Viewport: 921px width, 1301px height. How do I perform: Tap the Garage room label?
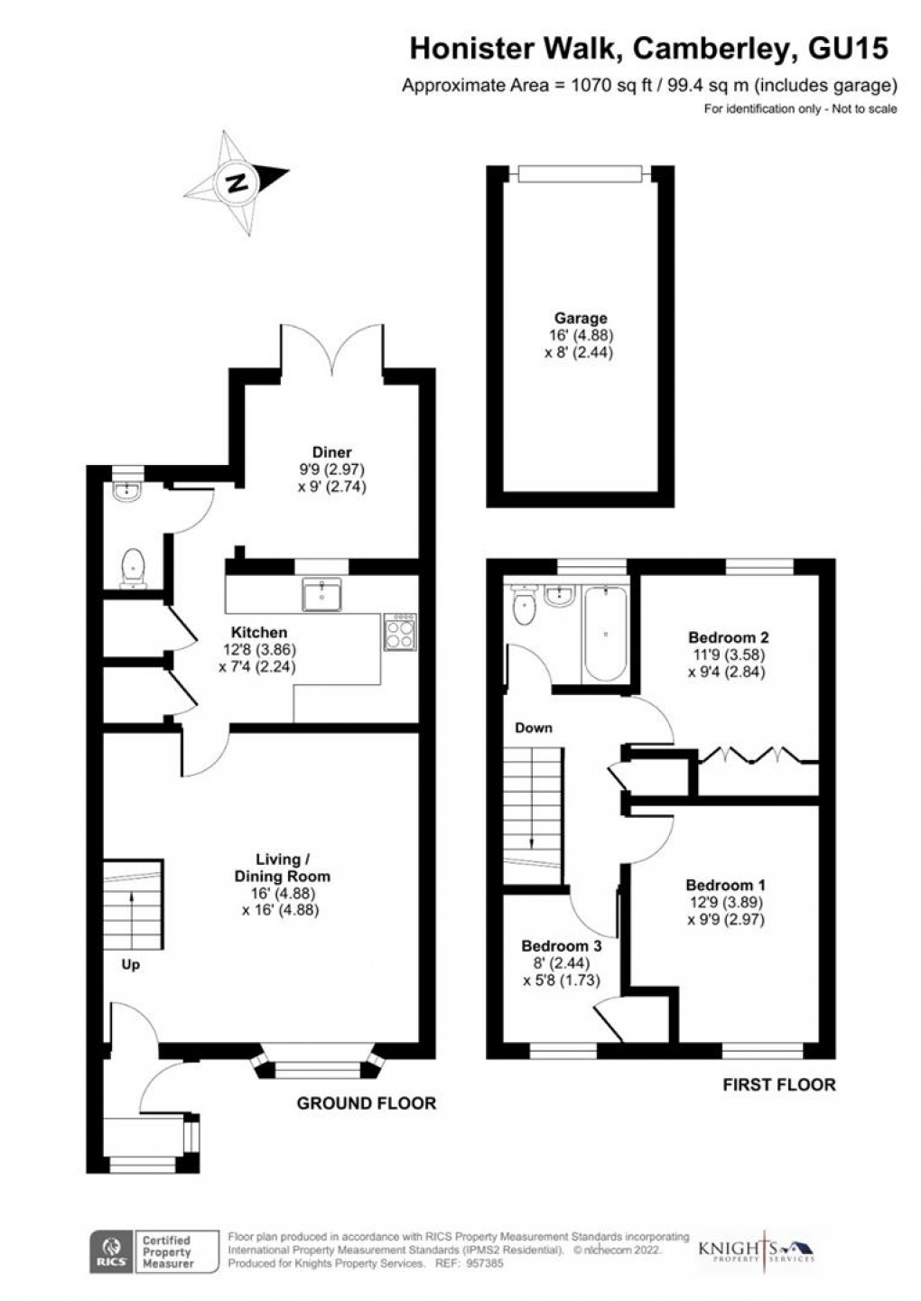(x=581, y=318)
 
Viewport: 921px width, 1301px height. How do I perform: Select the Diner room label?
(x=331, y=452)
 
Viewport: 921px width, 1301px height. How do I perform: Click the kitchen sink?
(x=321, y=595)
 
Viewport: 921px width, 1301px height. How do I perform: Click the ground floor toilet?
(x=133, y=567)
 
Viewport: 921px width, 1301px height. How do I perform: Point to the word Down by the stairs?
(x=534, y=728)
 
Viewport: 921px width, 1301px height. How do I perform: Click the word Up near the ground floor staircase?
(x=131, y=965)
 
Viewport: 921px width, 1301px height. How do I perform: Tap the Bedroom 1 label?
(x=725, y=885)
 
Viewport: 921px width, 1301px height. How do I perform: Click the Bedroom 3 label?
(x=561, y=946)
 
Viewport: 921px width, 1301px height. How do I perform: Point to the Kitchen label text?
(x=259, y=633)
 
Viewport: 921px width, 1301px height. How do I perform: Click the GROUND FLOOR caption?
(x=367, y=1102)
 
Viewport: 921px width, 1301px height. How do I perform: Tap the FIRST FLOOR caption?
(x=779, y=1084)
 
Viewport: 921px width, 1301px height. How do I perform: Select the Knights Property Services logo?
(x=757, y=1250)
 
